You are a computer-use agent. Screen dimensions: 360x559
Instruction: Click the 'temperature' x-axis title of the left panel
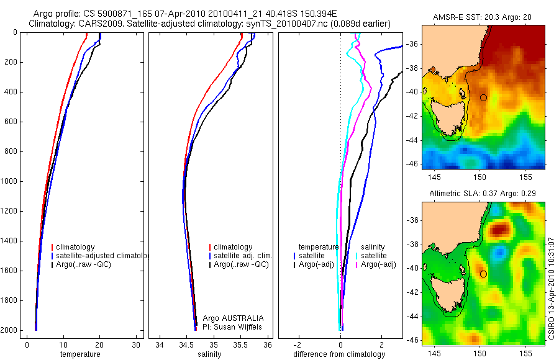(80, 354)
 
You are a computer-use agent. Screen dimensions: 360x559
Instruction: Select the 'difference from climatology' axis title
(339, 354)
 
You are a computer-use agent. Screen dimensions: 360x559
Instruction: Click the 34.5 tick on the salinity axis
(186, 345)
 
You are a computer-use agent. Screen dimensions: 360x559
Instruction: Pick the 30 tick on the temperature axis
(136, 345)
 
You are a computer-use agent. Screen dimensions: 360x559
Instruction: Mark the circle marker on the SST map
(483, 97)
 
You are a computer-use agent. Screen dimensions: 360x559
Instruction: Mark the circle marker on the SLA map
(483, 274)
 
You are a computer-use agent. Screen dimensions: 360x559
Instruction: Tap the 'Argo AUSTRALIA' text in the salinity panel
(229, 318)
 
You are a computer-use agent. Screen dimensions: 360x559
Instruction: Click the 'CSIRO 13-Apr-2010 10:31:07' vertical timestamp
(552, 286)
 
